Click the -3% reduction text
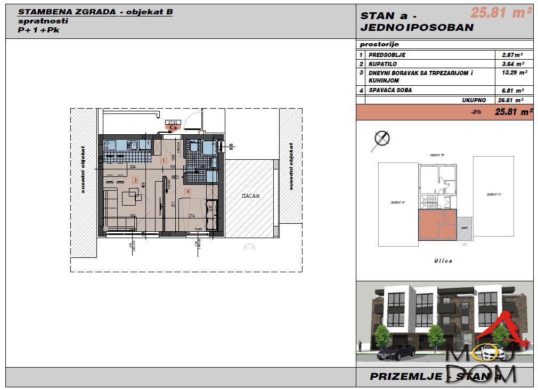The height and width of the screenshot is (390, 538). pyautogui.click(x=476, y=112)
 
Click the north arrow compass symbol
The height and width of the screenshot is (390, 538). pyautogui.click(x=381, y=139)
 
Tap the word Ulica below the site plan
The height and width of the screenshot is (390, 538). pyautogui.click(x=443, y=261)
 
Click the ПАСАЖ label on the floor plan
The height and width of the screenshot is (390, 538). pyautogui.click(x=250, y=196)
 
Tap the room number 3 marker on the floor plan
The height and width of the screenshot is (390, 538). pyautogui.click(x=135, y=181)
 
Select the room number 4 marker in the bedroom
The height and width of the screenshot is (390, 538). pyautogui.click(x=188, y=191)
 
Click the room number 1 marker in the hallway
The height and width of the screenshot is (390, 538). pyautogui.click(x=164, y=160)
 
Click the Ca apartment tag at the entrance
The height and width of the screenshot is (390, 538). pyautogui.click(x=173, y=127)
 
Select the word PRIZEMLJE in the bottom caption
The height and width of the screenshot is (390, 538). pyautogui.click(x=406, y=377)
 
